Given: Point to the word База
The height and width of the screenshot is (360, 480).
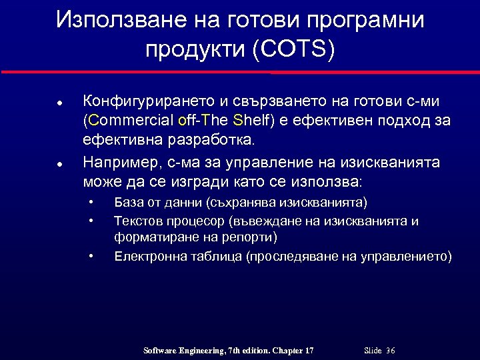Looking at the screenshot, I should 129,202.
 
